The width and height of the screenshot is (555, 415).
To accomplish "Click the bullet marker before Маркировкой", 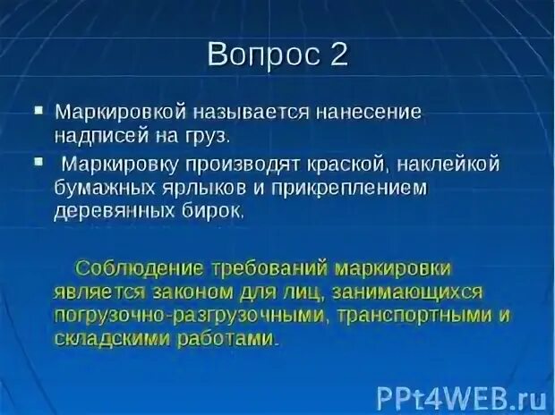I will (x=38, y=112).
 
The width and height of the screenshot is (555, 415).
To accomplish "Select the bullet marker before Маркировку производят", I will (x=38, y=162).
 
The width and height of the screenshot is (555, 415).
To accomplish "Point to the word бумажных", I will (x=101, y=190).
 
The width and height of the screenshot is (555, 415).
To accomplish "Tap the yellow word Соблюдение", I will (x=143, y=268).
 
